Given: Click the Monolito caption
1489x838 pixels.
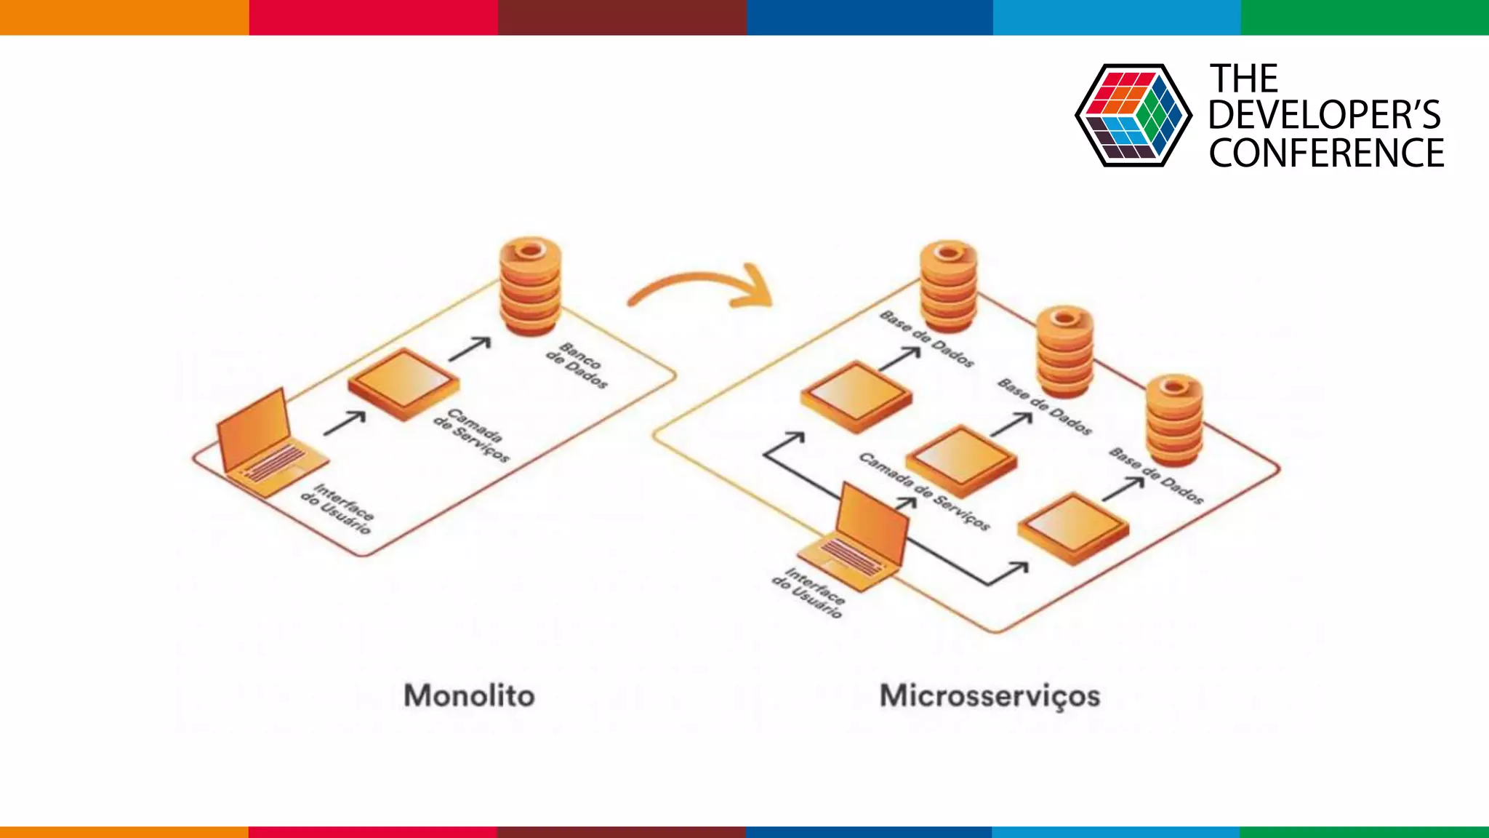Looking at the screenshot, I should (469, 695).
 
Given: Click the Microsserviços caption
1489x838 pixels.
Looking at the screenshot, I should (990, 695).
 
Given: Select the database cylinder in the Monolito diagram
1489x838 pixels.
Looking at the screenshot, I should (531, 286).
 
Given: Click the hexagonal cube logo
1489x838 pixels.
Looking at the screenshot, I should (1133, 115).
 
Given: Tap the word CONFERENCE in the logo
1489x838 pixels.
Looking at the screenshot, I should (1326, 153).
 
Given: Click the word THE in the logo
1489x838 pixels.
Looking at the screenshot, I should (1243, 79).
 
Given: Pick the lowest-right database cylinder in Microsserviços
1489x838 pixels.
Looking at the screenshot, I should (1174, 420).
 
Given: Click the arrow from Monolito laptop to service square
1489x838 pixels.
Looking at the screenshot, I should (345, 423).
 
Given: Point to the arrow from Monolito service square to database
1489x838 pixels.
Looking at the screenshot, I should (470, 348).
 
